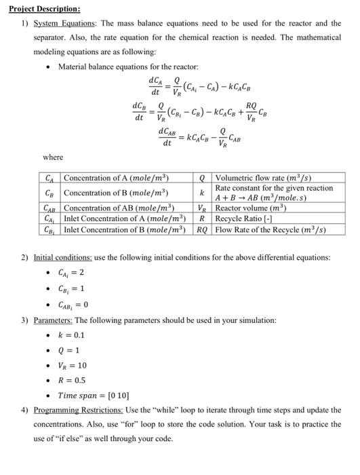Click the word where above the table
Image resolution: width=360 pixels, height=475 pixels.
52,157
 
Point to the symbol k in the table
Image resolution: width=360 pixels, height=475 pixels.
202,193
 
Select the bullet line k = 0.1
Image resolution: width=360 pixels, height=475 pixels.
71,335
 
